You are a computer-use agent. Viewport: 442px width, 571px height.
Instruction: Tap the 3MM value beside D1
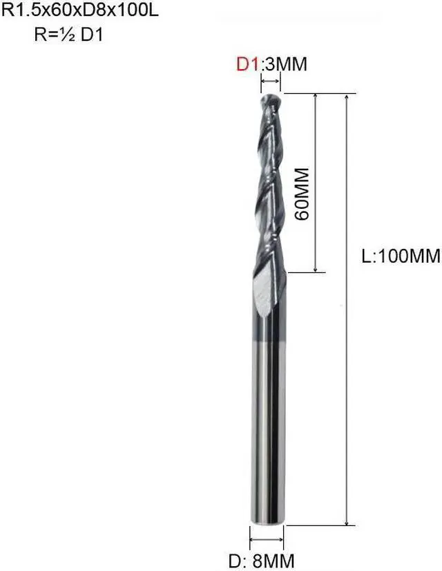click(x=284, y=64)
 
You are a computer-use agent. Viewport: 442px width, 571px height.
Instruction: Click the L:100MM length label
click(x=401, y=256)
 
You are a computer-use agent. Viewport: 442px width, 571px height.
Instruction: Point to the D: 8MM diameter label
click(x=267, y=557)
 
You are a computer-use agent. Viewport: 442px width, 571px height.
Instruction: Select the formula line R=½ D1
click(x=68, y=34)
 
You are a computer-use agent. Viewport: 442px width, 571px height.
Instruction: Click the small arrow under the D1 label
click(x=270, y=83)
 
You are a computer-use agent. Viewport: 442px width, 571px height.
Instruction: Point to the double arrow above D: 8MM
click(x=267, y=539)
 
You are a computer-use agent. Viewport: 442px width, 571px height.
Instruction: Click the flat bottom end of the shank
click(x=267, y=523)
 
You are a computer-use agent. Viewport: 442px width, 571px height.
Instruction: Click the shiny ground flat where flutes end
click(x=263, y=290)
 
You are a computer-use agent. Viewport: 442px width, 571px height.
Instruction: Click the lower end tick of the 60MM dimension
click(x=316, y=271)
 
